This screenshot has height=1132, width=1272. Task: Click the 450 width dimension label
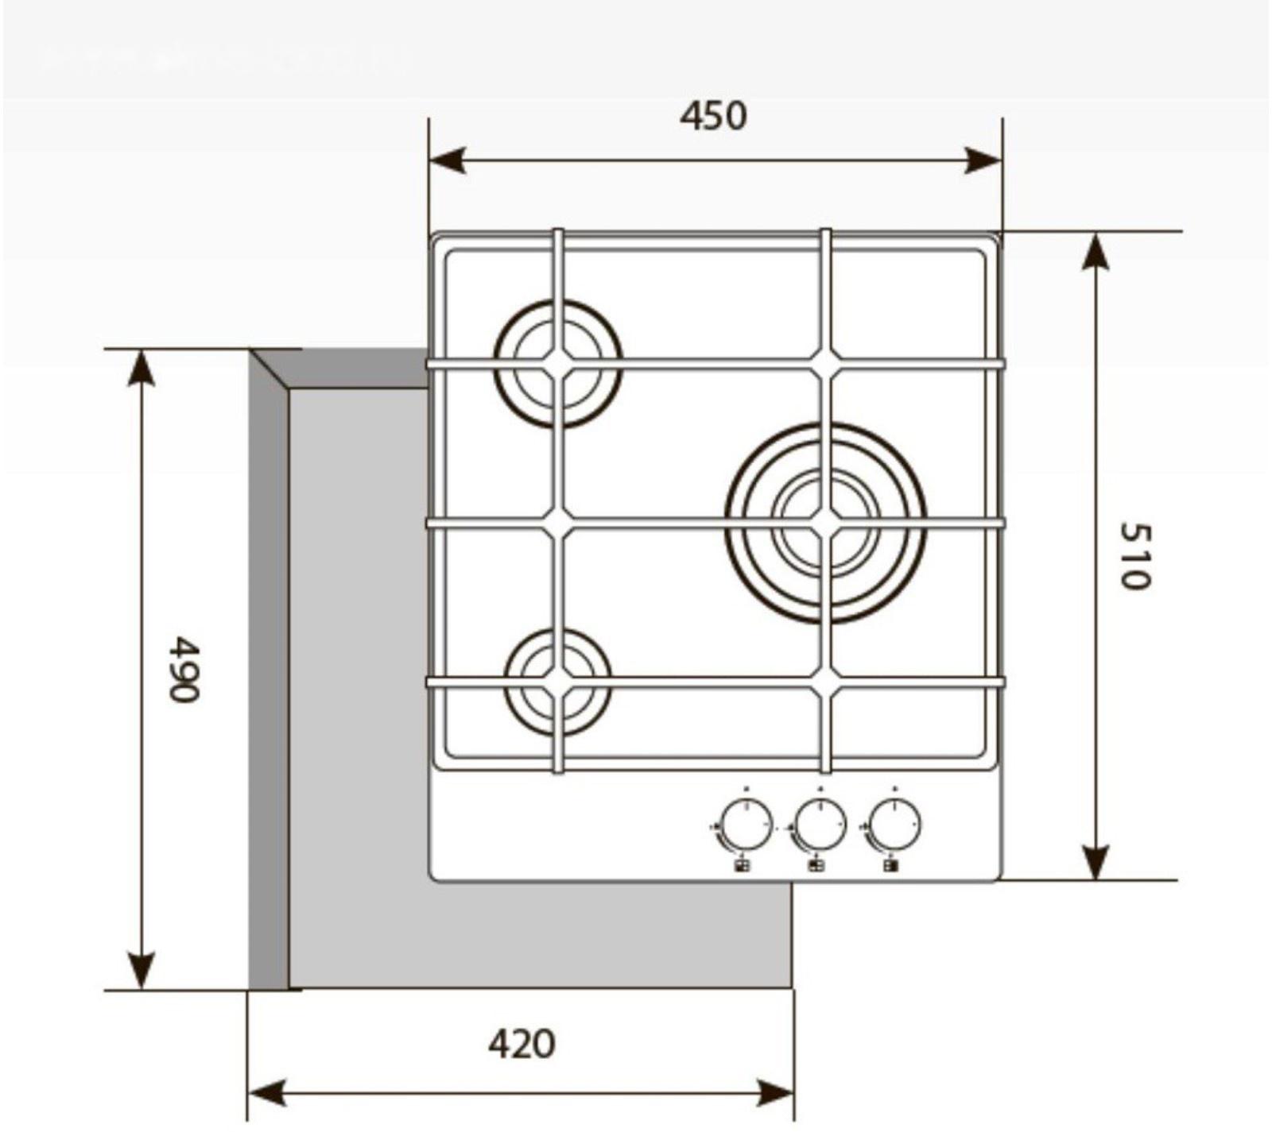click(713, 116)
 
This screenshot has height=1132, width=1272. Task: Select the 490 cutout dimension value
click(184, 668)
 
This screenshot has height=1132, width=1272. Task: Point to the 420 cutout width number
click(522, 1044)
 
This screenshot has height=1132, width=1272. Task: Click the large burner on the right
click(825, 523)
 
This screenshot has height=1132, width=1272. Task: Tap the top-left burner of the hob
click(558, 363)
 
